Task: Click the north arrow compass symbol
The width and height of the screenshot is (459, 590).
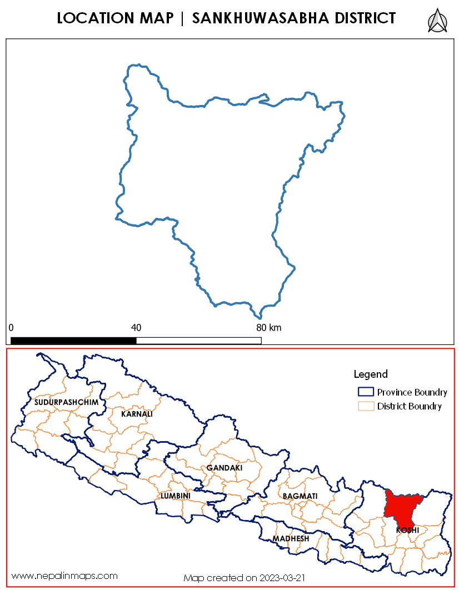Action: tap(438, 21)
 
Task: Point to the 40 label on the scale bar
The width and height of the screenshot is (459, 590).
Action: tap(136, 327)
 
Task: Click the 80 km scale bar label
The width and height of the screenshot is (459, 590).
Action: tap(268, 327)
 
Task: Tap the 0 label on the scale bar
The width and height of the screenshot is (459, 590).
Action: tap(12, 327)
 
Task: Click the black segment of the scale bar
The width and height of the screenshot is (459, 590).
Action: tap(73, 340)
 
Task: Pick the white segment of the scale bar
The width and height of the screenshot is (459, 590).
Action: tap(198, 340)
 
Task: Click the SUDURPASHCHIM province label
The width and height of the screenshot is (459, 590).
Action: tap(66, 402)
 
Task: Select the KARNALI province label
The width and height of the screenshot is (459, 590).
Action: tap(137, 414)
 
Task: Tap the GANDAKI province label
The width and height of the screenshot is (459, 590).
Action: tap(224, 468)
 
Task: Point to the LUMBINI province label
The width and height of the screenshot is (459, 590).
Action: tap(176, 496)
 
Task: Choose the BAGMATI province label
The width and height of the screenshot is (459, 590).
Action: tap(300, 496)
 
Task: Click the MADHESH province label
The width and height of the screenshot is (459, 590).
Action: tap(291, 539)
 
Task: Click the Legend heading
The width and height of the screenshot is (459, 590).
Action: tap(371, 374)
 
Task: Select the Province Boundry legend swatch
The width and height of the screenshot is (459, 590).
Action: tap(366, 392)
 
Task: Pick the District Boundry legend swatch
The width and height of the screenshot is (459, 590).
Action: tap(366, 406)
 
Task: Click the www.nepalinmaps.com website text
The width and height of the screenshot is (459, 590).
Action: tap(64, 576)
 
